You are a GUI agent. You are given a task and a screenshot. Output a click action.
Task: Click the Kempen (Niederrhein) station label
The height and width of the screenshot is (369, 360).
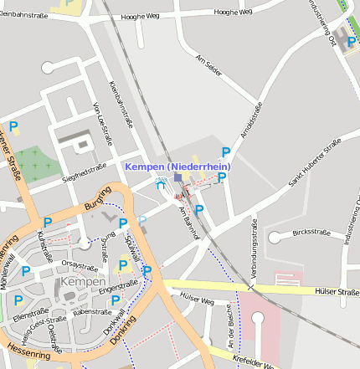point(177,167)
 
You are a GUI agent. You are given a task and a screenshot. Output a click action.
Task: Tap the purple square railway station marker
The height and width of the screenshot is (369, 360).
point(177,177)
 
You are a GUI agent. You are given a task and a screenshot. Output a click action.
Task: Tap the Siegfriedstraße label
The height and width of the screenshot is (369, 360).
point(86,173)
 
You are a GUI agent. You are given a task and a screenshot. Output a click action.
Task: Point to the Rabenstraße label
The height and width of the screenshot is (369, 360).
point(92,312)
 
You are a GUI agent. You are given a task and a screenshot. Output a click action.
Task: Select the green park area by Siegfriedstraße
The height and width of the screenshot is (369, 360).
point(38,163)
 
